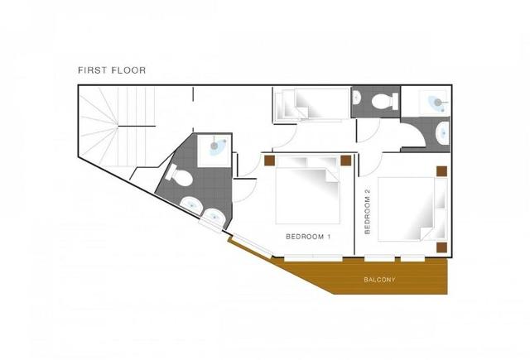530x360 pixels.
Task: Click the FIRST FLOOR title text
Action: pos(112,70)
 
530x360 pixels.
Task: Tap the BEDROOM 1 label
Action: pos(308,237)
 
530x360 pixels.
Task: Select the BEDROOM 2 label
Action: pos(368,211)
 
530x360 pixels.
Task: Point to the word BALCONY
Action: pos(379,280)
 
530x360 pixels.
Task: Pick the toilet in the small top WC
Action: pos(384,101)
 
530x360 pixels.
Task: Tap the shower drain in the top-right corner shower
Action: pos(438,102)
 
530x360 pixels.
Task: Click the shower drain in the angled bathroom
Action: pos(214,146)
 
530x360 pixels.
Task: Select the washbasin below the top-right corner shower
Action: pos(442,132)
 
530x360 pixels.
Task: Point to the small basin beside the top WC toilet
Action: pos(357,98)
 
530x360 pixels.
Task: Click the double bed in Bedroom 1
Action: pos(307,190)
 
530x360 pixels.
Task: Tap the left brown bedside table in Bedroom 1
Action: pos(269,161)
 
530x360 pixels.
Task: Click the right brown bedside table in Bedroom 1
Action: pos(346,161)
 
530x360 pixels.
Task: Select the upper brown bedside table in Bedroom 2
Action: pos(441,171)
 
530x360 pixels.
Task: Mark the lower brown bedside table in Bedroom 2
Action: pos(441,247)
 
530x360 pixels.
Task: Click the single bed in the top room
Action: pos(311,104)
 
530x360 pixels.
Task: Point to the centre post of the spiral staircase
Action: pos(118,127)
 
